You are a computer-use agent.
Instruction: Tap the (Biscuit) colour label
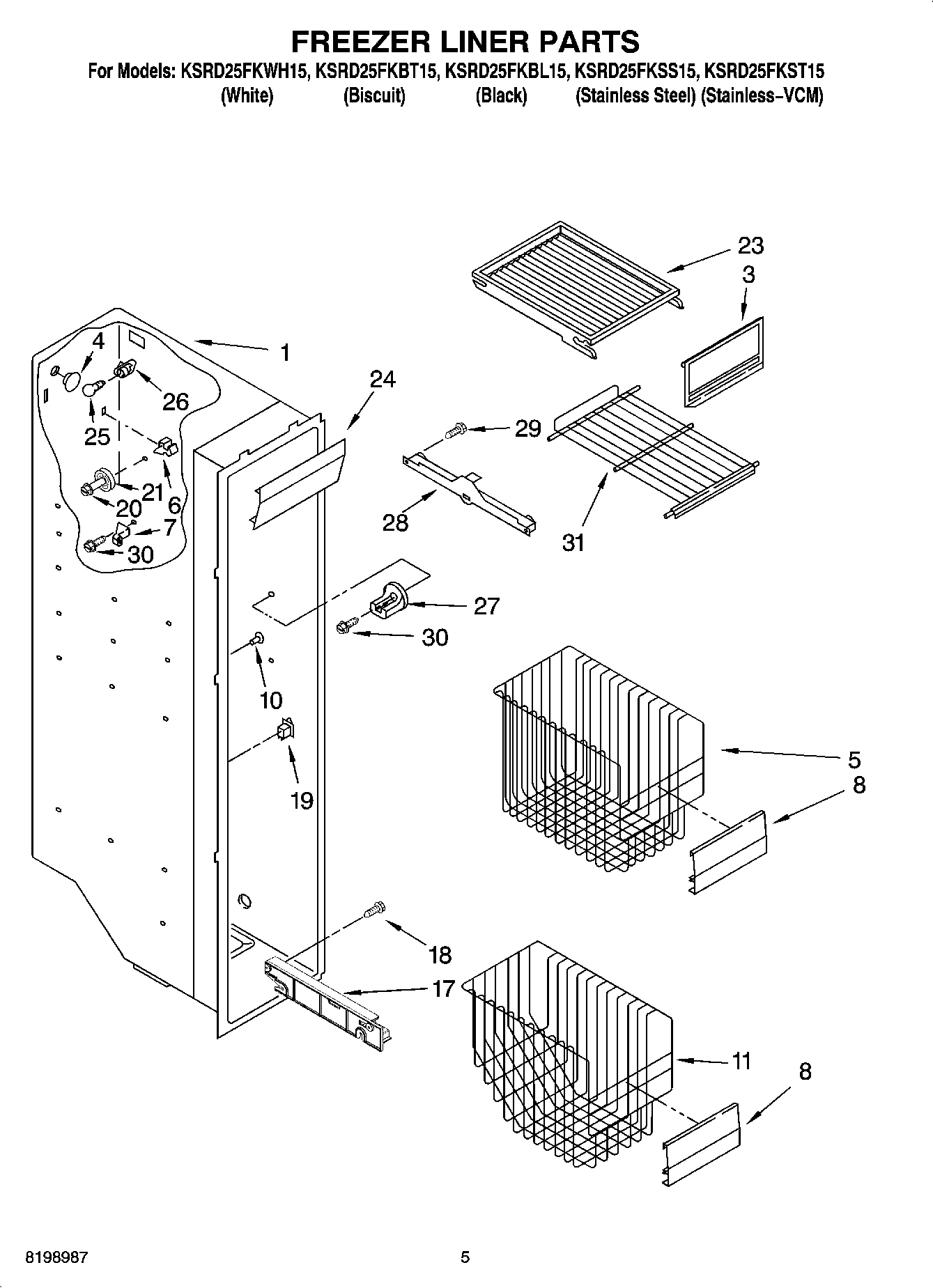[374, 95]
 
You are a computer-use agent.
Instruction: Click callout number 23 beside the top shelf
[750, 245]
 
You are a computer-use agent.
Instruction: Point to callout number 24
[382, 379]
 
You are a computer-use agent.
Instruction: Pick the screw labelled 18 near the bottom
[374, 909]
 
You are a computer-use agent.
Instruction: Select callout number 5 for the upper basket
[854, 759]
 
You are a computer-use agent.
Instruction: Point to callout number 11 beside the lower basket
[741, 1061]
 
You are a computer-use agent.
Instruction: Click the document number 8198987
[56, 1257]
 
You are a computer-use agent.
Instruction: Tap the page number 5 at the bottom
[465, 1257]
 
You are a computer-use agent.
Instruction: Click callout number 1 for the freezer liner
[284, 352]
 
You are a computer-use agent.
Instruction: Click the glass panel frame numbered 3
[721, 362]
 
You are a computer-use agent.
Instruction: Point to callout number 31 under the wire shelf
[573, 542]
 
